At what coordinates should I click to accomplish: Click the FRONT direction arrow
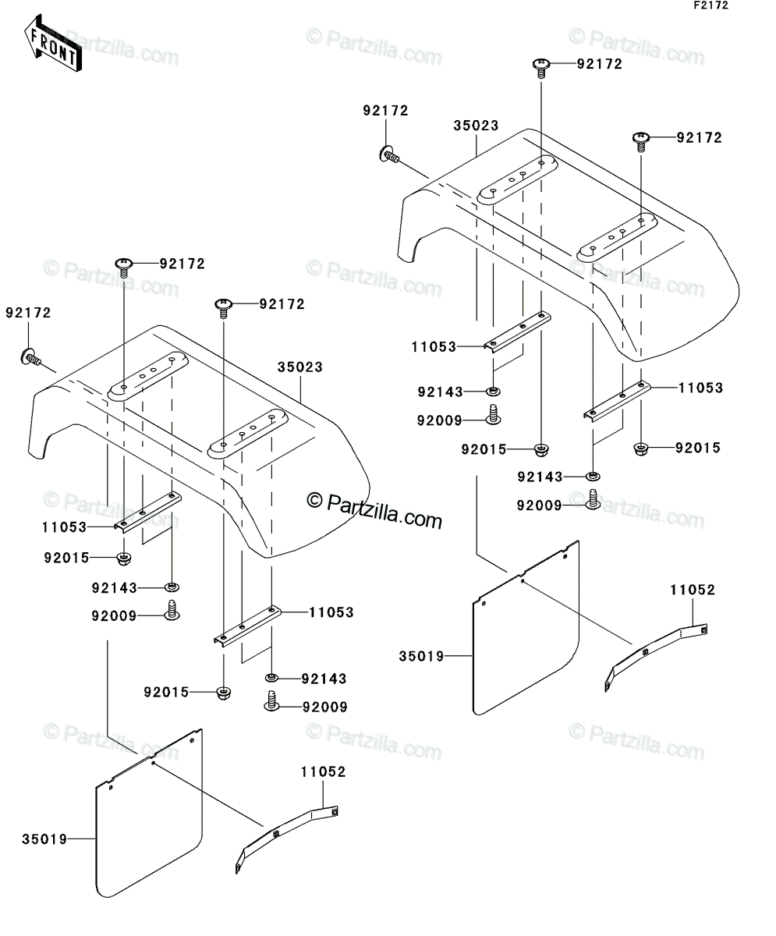tap(52, 44)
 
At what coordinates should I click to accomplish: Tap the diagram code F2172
tap(711, 5)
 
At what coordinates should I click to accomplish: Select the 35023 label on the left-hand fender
tap(300, 367)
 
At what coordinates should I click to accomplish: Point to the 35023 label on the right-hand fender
tap(476, 126)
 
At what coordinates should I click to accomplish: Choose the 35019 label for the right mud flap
tap(421, 656)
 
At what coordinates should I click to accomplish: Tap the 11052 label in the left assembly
tap(323, 772)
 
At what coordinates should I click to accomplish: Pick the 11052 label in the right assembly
tap(693, 590)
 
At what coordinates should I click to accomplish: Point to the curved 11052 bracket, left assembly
tap(287, 838)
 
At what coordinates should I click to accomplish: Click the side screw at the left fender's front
tap(30, 357)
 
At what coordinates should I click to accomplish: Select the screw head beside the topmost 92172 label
tap(541, 66)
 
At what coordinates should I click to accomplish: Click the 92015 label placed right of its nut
tap(698, 448)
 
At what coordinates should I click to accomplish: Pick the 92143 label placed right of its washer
tap(324, 679)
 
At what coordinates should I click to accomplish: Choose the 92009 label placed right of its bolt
tap(325, 707)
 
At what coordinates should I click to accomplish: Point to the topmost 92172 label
tap(600, 64)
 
